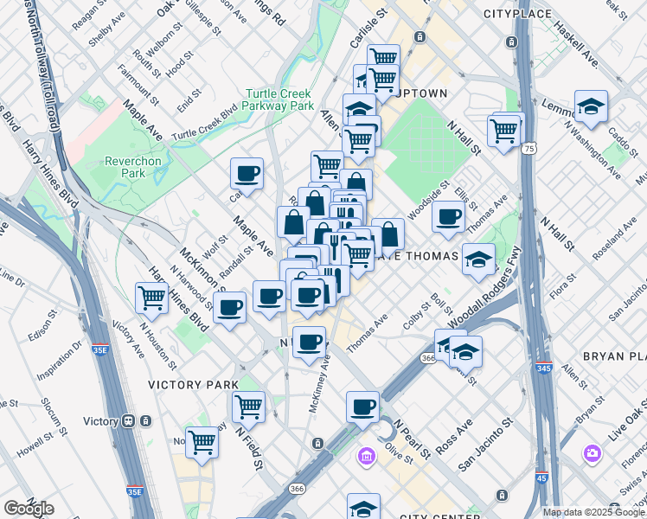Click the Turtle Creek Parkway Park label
click(279, 99)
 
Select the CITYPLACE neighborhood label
click(517, 14)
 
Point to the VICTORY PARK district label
click(193, 384)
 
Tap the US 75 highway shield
click(527, 149)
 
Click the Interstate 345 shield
click(543, 368)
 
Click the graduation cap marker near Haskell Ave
click(591, 107)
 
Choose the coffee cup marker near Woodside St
click(448, 217)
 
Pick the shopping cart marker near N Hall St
click(503, 131)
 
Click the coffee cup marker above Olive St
click(362, 407)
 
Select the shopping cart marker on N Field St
click(249, 406)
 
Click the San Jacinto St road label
click(485, 445)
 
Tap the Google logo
click(29, 509)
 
